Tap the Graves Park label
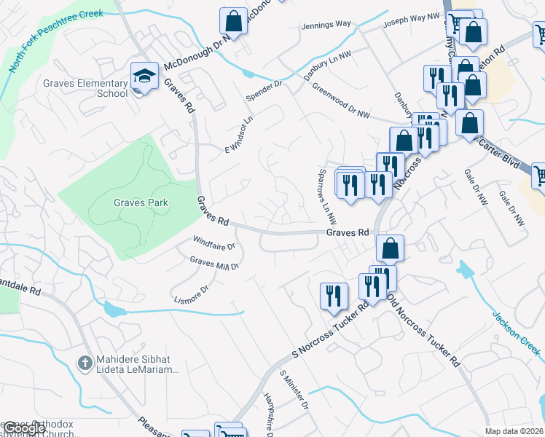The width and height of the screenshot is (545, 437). [x=141, y=203]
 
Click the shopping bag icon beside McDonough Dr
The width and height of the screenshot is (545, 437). [x=234, y=20]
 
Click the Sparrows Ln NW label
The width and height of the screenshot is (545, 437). [x=328, y=197]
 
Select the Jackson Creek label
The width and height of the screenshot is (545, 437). [x=516, y=334]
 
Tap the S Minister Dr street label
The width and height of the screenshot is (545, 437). [x=295, y=390]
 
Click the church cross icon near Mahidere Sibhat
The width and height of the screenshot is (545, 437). [x=85, y=362]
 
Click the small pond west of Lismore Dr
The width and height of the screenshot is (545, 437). [x=114, y=310]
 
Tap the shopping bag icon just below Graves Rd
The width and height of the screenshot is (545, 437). [x=391, y=248]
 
